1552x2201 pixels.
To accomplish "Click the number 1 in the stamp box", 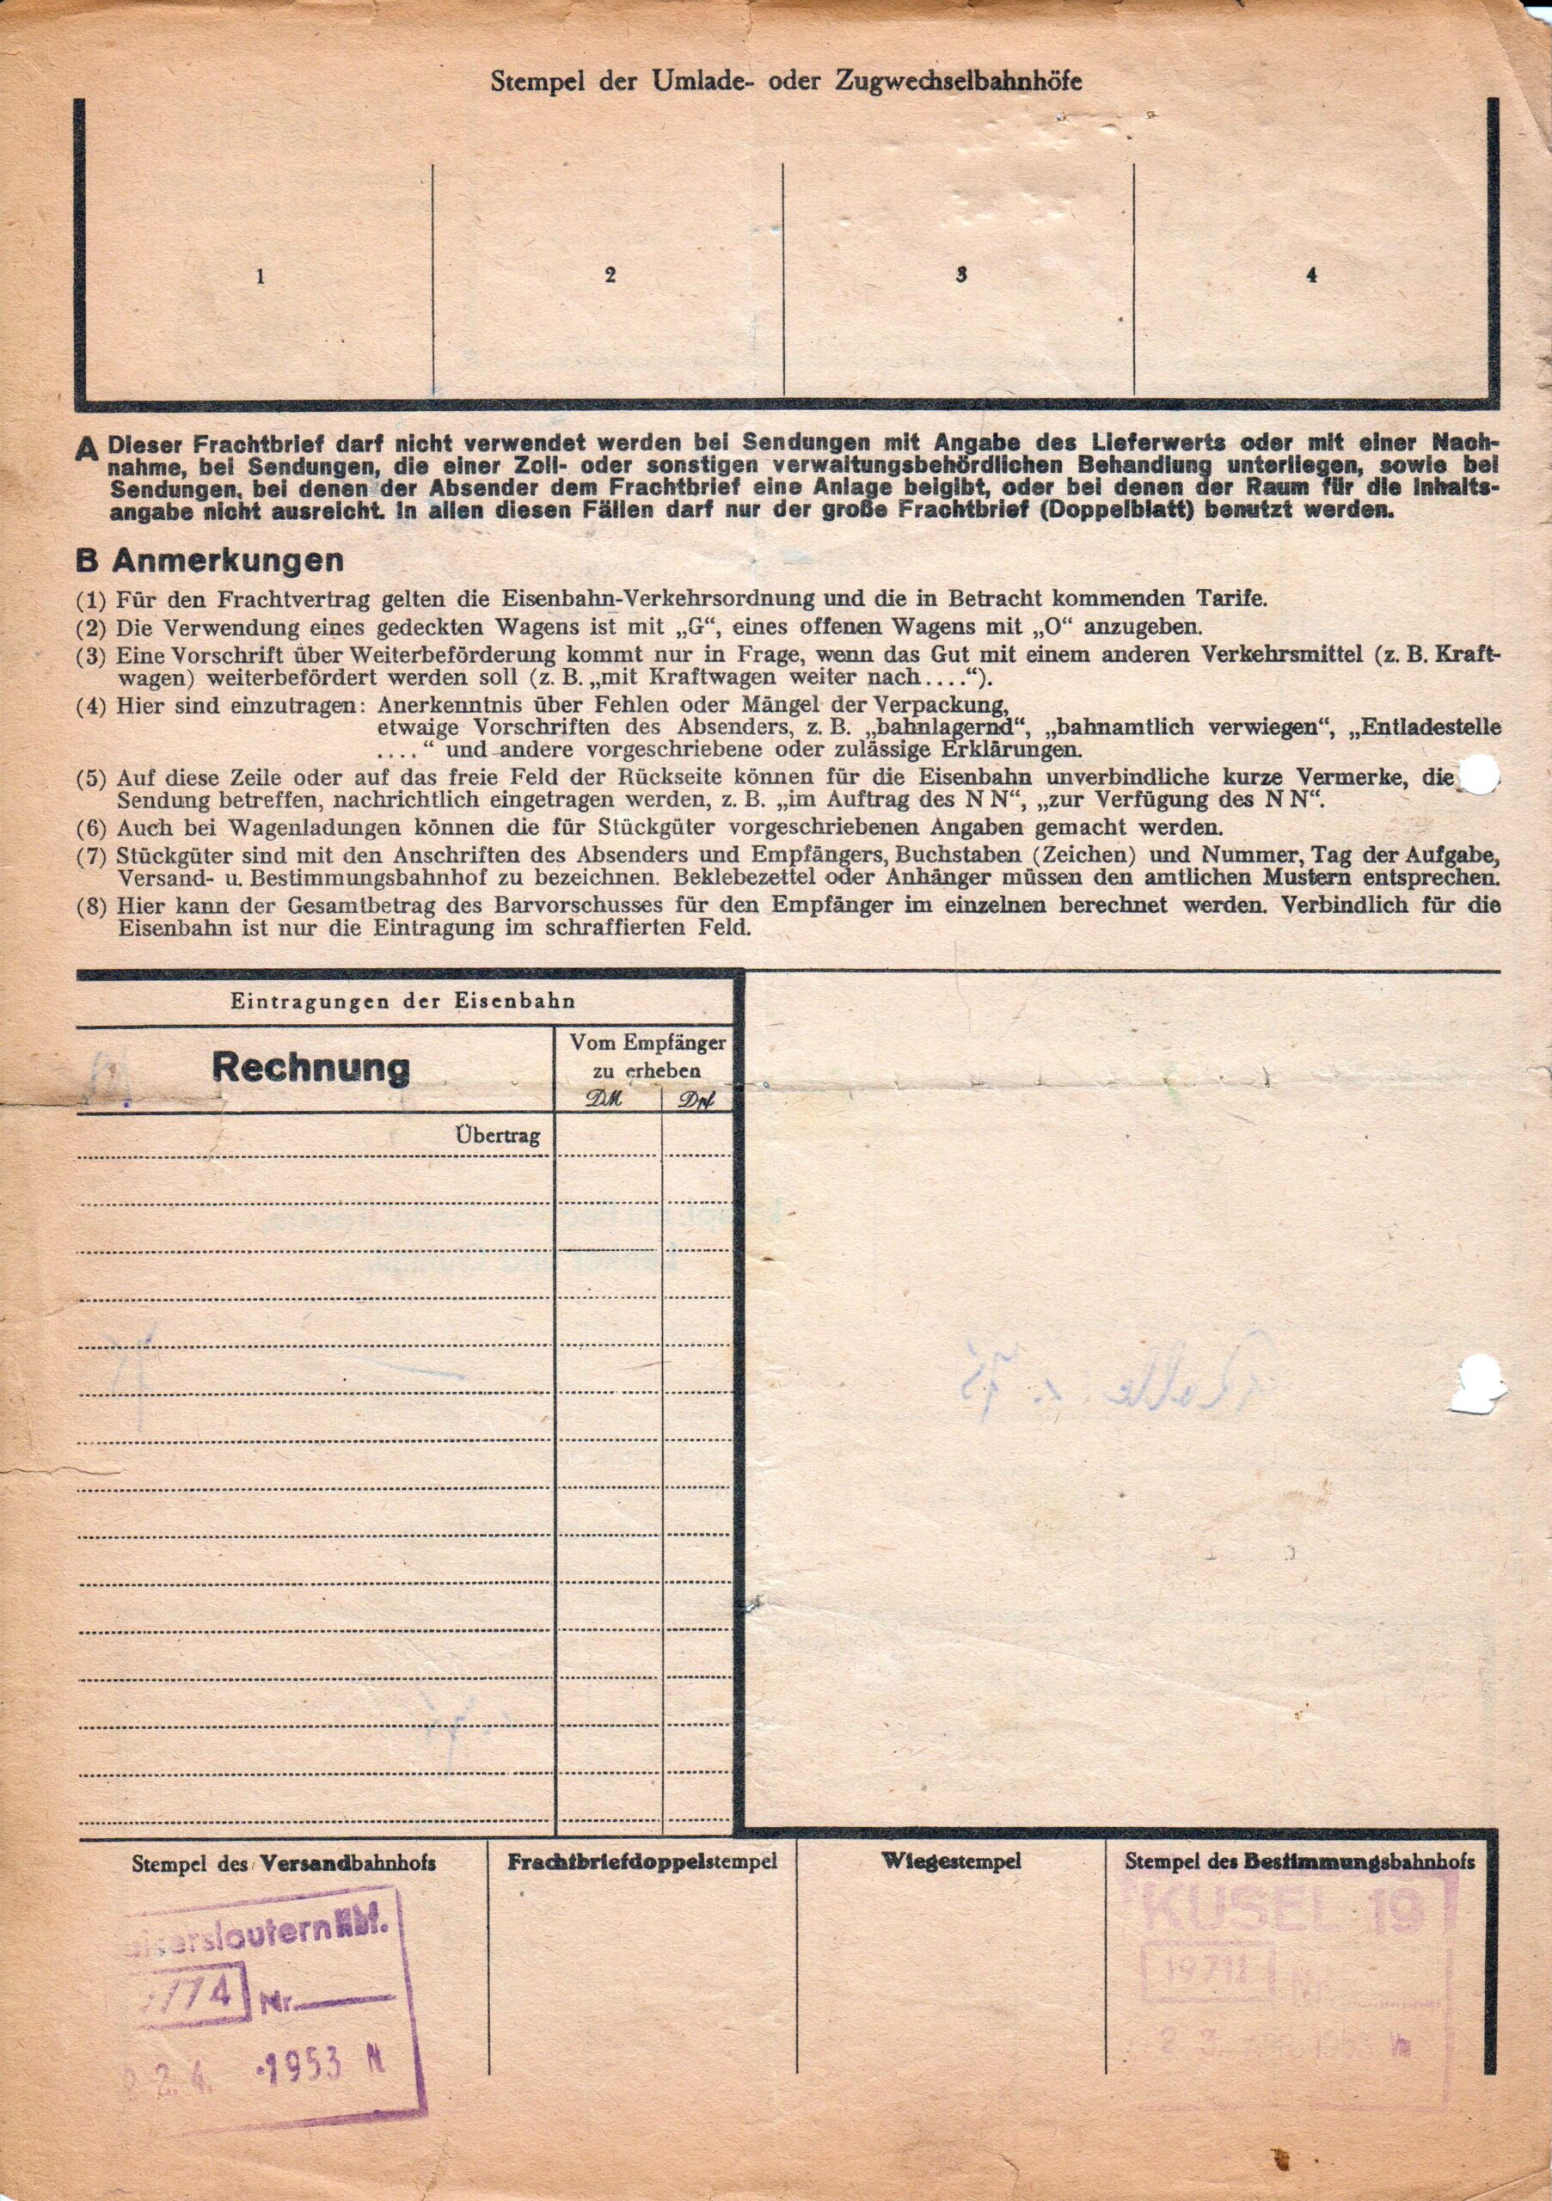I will click(x=260, y=278).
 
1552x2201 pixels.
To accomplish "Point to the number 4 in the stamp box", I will click(x=1310, y=276).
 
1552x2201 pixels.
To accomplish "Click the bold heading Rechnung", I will click(x=310, y=1067).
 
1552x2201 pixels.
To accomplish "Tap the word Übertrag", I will click(x=498, y=1137).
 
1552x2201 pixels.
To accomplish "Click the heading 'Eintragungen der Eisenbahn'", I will click(x=402, y=1002).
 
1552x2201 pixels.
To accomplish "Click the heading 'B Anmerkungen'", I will click(x=209, y=561).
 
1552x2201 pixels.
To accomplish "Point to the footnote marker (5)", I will click(x=92, y=778).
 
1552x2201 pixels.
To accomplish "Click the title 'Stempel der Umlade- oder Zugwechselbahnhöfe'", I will click(x=786, y=82).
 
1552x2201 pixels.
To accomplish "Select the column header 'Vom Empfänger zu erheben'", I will click(x=647, y=1056).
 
